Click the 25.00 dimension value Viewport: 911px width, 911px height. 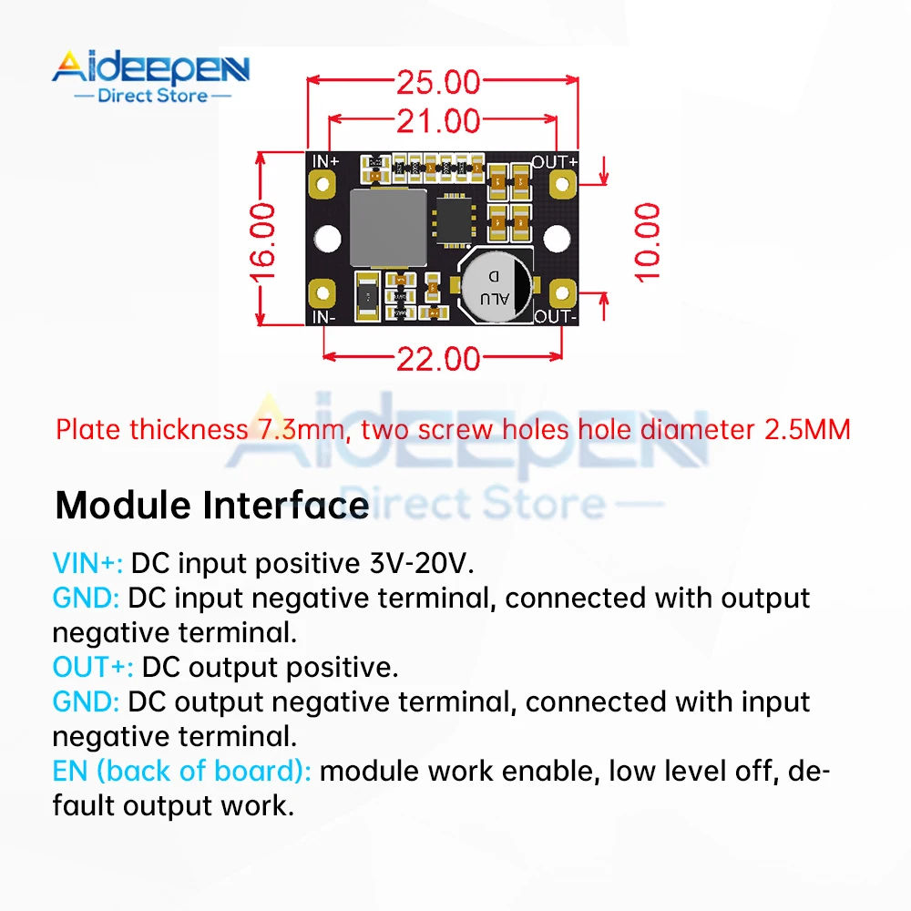[x=437, y=82]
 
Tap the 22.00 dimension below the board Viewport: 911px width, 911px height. [x=438, y=358]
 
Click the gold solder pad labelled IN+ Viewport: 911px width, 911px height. [x=322, y=185]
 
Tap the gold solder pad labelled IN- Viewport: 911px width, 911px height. [x=322, y=294]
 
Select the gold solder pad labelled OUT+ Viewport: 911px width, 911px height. [x=562, y=185]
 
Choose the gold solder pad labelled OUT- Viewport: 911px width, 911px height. [x=562, y=294]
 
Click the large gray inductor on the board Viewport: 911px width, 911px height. [x=387, y=228]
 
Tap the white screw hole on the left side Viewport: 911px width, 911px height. [x=324, y=240]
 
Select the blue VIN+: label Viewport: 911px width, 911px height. [x=87, y=564]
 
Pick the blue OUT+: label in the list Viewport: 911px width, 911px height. [x=93, y=668]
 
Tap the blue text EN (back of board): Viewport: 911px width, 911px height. [x=182, y=772]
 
